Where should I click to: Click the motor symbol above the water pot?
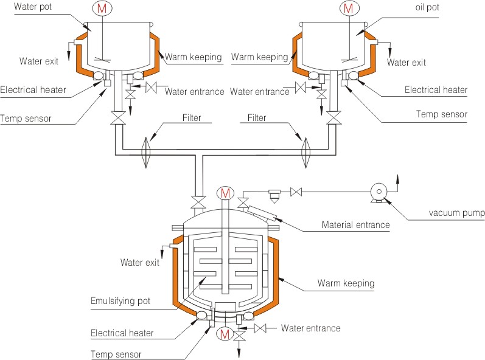[x=102, y=9]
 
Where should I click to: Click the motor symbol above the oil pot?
[x=349, y=9]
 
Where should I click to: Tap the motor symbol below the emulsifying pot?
[x=225, y=334]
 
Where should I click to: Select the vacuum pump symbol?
[x=379, y=193]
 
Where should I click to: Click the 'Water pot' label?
[x=33, y=7]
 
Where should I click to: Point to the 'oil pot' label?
[x=427, y=7]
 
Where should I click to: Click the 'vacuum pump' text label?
[x=456, y=213]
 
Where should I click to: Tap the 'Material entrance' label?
[x=356, y=224]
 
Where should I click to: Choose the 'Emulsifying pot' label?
[x=120, y=301]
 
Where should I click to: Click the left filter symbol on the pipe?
[x=146, y=153]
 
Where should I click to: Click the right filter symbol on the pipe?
[x=306, y=153]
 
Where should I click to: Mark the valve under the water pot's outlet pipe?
[x=118, y=118]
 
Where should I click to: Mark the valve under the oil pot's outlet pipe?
[x=334, y=118]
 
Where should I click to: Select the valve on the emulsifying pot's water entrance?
[x=260, y=328]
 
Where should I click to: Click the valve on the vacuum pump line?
[x=296, y=192]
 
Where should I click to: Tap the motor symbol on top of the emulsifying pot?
[x=225, y=194]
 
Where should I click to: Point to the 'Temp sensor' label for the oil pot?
[x=442, y=114]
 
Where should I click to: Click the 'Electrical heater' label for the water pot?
[x=33, y=90]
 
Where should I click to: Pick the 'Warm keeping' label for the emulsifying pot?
[x=346, y=283]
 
